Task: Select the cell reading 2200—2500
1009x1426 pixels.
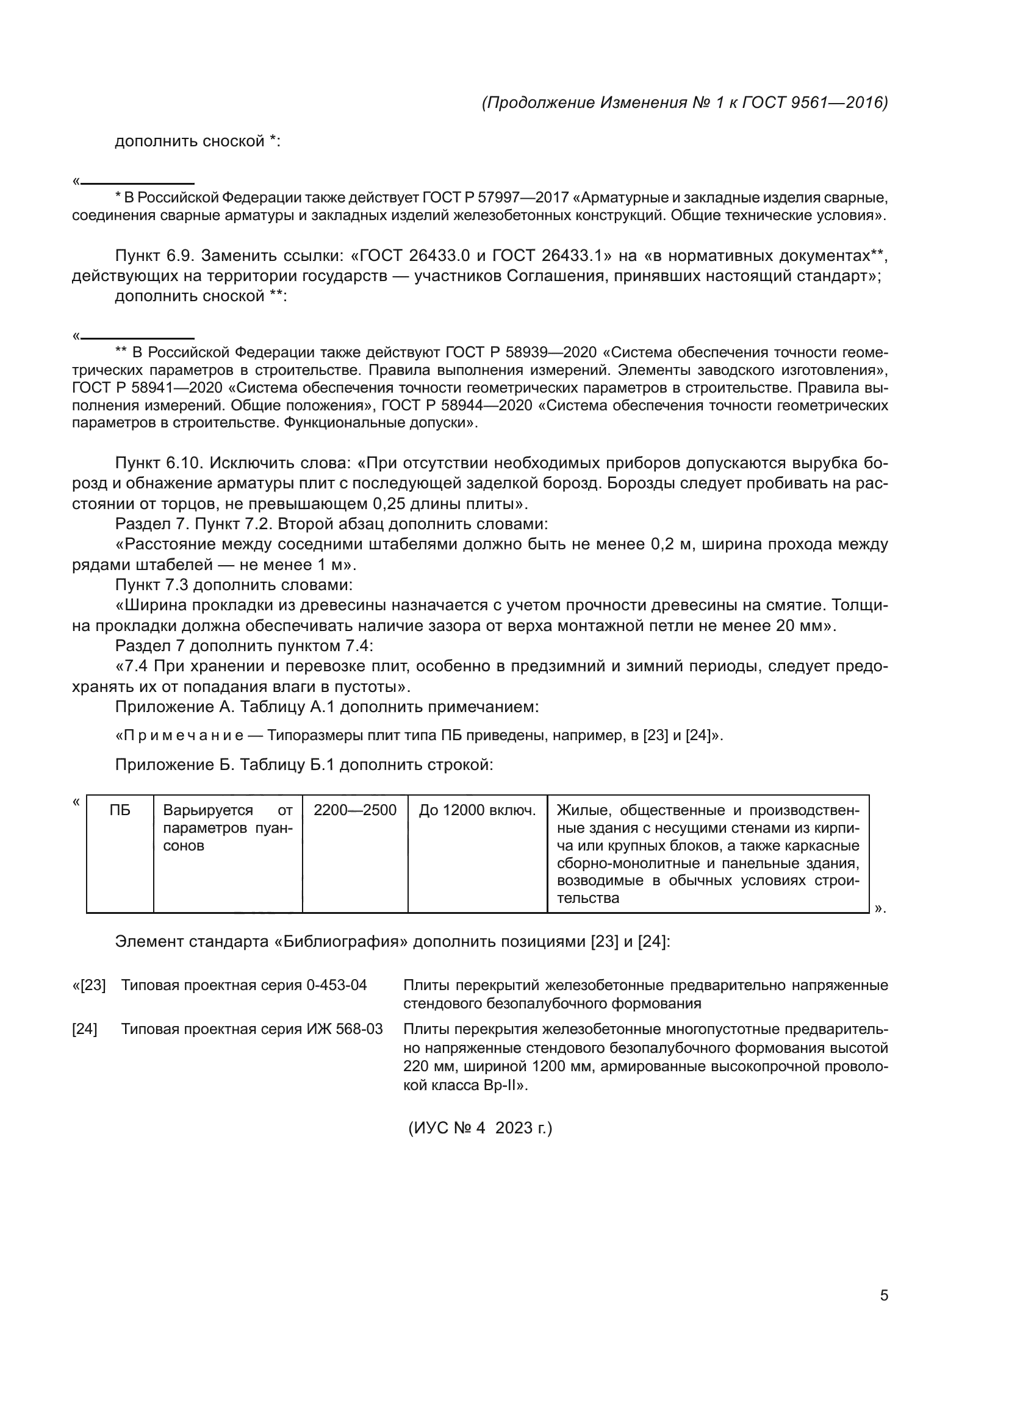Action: coord(355,810)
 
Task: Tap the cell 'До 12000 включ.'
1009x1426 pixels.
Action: coord(477,810)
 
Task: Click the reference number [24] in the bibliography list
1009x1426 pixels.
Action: coord(85,1029)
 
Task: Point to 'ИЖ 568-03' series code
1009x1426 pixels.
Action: coord(345,1029)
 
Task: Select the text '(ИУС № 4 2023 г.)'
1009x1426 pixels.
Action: coord(479,1127)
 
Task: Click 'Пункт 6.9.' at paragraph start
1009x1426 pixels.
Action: coord(156,256)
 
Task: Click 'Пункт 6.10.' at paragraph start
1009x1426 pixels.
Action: coord(160,463)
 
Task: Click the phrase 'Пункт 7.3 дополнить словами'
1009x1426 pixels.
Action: coord(234,585)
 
